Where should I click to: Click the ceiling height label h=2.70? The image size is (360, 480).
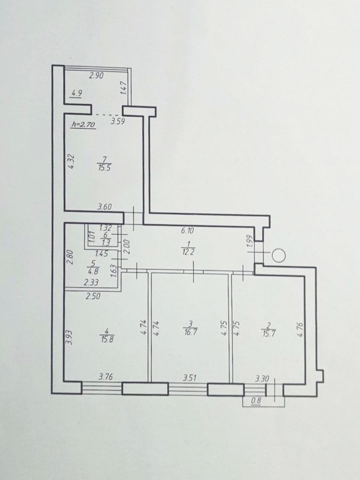[x=83, y=125]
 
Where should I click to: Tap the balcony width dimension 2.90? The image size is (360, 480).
[x=96, y=76]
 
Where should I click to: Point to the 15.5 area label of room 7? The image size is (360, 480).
[x=104, y=169]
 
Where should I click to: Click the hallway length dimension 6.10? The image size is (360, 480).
[x=188, y=230]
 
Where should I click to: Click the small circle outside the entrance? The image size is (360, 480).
[x=279, y=255]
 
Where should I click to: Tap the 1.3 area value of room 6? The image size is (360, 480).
[x=106, y=242]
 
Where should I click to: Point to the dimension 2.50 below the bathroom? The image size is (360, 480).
[x=93, y=296]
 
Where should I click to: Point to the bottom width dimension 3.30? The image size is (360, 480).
[x=262, y=378]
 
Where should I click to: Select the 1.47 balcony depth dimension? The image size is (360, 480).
[x=123, y=88]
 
